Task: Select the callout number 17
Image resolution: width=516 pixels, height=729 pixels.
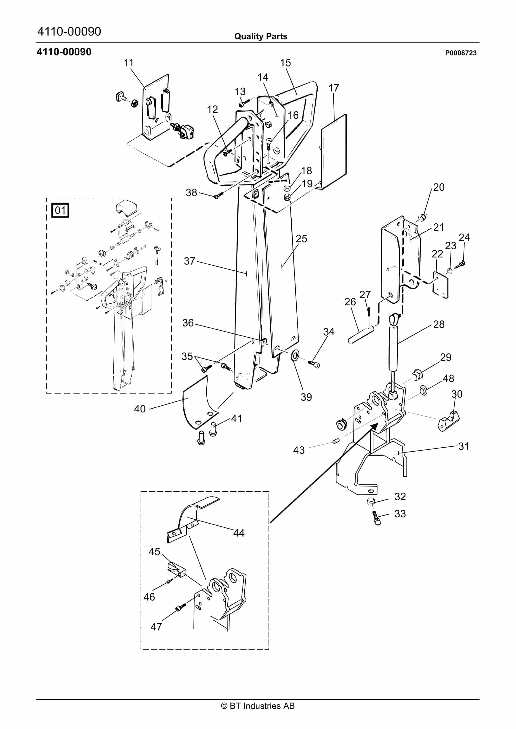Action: pos(334,88)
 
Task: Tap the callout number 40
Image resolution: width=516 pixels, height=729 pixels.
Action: pos(140,409)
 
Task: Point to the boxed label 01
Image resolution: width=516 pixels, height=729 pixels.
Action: pos(60,210)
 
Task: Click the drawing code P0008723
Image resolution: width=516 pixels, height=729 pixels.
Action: pos(461,53)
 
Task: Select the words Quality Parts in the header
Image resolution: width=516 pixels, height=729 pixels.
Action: pos(261,36)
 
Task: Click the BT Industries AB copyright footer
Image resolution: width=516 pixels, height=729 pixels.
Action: pos(258,706)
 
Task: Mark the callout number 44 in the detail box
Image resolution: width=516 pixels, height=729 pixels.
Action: pos(239,533)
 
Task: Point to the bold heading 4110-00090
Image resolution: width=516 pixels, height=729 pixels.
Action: pos(64,52)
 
